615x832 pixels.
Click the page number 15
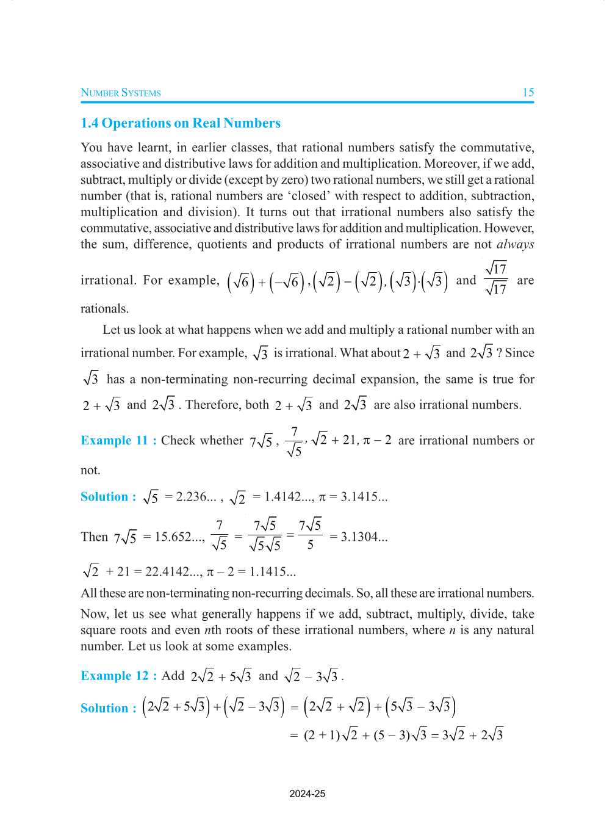(528, 93)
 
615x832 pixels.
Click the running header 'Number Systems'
(121, 93)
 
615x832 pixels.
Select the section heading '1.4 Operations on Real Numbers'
(181, 123)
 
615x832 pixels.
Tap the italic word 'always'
(515, 244)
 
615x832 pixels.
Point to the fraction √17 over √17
(496, 279)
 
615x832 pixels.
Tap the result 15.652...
(173, 537)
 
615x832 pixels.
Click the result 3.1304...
(358, 537)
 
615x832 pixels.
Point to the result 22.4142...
(168, 572)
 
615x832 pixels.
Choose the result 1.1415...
(273, 572)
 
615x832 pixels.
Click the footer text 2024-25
(307, 794)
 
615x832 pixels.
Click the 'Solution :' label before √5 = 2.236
(108, 497)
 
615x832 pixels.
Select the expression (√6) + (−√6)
(265, 281)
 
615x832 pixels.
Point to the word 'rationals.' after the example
(104, 309)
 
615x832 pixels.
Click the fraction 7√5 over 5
(310, 534)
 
